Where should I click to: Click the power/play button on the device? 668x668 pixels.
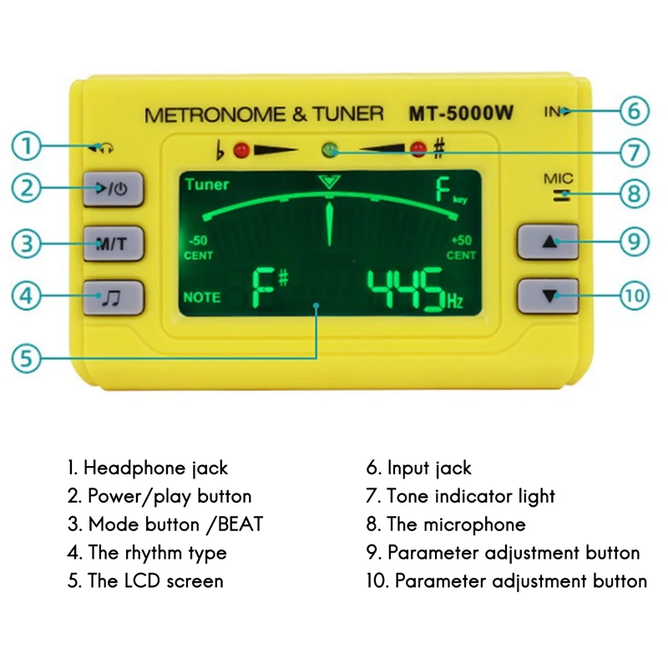[x=114, y=188]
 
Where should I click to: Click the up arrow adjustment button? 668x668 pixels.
[x=548, y=242]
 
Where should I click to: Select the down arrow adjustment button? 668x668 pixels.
[x=548, y=296]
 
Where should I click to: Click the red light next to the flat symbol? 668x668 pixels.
[x=242, y=151]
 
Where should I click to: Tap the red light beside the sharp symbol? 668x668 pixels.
[x=417, y=151]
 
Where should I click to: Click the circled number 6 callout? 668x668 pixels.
[x=634, y=111]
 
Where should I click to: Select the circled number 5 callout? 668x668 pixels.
[x=27, y=358]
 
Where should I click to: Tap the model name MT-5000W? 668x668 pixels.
[x=460, y=114]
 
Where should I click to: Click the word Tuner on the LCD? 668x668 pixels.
[x=206, y=185]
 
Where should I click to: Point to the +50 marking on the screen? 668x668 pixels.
[x=461, y=240]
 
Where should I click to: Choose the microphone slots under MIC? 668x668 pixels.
[x=567, y=195]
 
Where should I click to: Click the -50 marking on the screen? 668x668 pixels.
[x=199, y=240]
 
